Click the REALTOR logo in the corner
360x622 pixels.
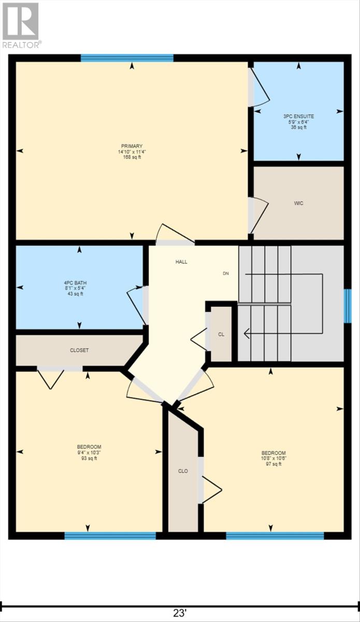pos(21,25)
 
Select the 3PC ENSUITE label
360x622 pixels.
pos(298,117)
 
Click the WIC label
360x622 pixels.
pos(298,203)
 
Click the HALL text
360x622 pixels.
pos(181,262)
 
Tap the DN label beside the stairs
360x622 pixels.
pos(226,273)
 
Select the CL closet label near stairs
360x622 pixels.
pos(221,334)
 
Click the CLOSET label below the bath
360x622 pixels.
pos(79,350)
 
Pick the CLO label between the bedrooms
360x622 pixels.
pos(183,471)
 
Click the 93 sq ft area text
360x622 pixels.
pos(89,458)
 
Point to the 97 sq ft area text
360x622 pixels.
pos(273,464)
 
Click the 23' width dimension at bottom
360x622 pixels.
pos(180,613)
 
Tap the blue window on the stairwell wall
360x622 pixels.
pos(349,306)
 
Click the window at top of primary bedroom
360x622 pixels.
pos(127,58)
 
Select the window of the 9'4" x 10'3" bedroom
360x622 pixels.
pos(110,535)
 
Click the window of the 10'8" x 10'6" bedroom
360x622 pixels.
pos(275,535)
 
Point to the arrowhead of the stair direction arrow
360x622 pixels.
pos(247,333)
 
